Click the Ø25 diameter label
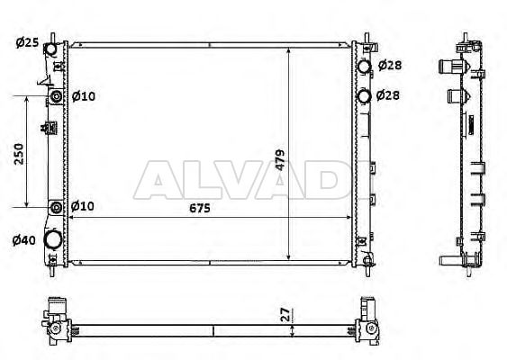tap(27, 42)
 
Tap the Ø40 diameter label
tap(24, 240)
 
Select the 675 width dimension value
tap(200, 208)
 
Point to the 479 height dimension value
tap(280, 160)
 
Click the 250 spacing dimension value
tap(19, 154)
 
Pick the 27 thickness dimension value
tap(285, 314)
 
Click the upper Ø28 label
tap(390, 66)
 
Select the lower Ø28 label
tap(388, 95)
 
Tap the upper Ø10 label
tap(84, 96)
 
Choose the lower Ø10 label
tap(83, 206)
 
